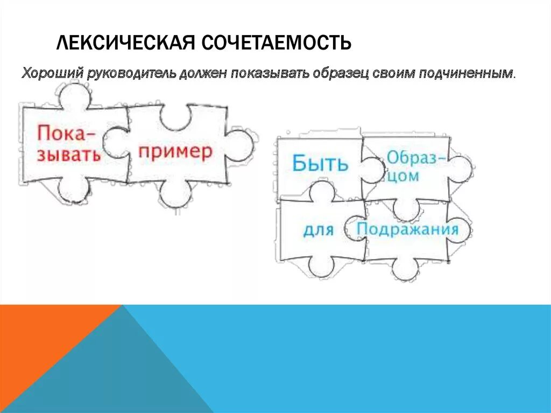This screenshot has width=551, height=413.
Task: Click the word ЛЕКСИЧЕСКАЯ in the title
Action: [125, 43]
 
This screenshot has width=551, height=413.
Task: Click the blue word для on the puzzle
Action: [318, 230]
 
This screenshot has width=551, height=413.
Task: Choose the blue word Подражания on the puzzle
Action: [407, 229]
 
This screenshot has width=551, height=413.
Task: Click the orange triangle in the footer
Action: [38, 345]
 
